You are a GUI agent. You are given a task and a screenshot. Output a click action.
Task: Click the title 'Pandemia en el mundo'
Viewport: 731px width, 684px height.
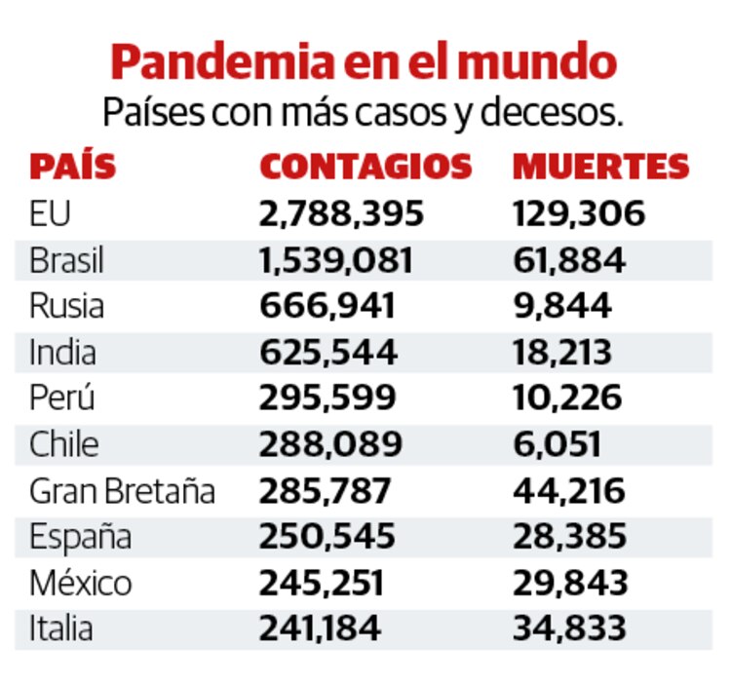tap(365, 62)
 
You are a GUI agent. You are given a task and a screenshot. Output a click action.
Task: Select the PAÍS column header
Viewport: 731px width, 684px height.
tap(73, 167)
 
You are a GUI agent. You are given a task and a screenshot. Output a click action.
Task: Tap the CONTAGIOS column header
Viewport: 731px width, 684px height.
tap(365, 167)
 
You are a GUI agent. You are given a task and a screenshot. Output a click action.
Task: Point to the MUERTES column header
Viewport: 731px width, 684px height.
tap(600, 167)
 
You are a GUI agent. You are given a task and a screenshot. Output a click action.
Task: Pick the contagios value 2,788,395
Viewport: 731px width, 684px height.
tap(341, 213)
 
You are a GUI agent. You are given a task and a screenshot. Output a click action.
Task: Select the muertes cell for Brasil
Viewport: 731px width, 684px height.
tap(569, 260)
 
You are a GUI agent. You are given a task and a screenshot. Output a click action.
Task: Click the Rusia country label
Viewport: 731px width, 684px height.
tap(66, 306)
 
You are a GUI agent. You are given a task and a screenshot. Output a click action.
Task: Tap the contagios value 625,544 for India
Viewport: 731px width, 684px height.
tap(327, 352)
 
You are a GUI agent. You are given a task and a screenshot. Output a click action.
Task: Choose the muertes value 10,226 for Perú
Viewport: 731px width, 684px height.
tap(567, 398)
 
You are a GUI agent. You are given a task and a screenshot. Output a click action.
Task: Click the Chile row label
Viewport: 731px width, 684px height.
tap(64, 444)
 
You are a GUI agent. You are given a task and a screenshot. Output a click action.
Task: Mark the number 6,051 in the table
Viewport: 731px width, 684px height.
tap(557, 444)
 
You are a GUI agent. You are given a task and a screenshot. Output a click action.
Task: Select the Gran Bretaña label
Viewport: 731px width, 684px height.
tap(122, 490)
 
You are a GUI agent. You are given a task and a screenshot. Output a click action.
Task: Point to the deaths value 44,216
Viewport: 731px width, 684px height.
tap(569, 490)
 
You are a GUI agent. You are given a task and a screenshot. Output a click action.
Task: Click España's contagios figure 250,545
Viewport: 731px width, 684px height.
tap(327, 536)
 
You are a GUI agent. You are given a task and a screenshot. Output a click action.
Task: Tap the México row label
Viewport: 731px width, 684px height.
tap(80, 583)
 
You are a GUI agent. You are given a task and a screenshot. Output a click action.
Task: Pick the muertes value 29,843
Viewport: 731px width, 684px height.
tap(569, 583)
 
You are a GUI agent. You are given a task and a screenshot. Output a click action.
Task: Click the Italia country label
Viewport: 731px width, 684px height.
tap(61, 628)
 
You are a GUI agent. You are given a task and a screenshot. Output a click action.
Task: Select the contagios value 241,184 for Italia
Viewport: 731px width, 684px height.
tap(320, 628)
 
